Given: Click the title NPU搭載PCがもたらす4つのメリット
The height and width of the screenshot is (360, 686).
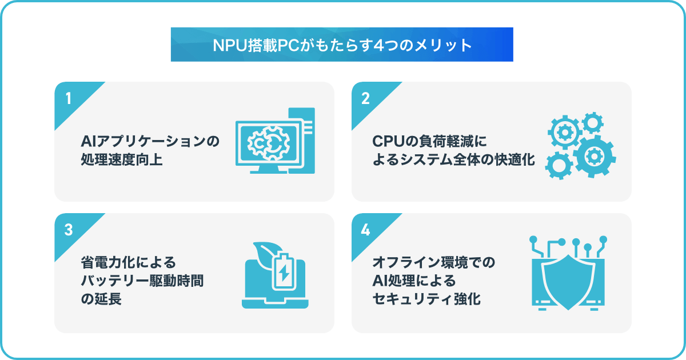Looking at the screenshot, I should pos(342,45).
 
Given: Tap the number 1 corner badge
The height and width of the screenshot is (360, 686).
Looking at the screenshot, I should pos(69,98).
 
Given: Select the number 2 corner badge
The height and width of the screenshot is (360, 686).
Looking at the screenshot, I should pos(366,98).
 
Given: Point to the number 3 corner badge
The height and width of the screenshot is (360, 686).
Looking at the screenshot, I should pos(69,230).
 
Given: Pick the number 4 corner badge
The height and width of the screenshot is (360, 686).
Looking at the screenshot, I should pos(366,230).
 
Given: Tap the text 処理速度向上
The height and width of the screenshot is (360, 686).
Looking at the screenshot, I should pos(122,160).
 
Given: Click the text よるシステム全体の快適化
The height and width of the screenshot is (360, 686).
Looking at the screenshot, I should pos(454,160).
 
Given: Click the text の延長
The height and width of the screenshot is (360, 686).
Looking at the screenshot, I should pos(101,299).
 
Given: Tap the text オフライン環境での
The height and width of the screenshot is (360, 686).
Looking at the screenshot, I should pos(434,263).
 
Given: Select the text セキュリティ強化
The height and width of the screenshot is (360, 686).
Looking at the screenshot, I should pos(426,299).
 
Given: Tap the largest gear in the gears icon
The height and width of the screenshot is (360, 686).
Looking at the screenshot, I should pos(593,156).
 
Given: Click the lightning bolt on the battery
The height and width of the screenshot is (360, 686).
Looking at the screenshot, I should pos(284,275).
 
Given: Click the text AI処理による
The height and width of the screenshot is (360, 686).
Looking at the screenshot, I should pos(414,281).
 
